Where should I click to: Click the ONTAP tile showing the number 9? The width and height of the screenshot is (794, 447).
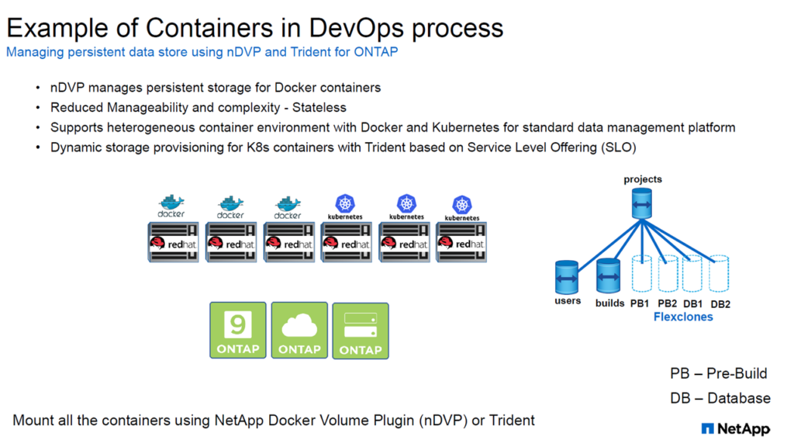[x=238, y=331]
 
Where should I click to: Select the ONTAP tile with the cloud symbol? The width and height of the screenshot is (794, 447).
[x=299, y=331]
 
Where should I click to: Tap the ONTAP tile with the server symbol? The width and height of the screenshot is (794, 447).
[x=361, y=331]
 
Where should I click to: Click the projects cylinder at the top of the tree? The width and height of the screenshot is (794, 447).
[x=642, y=203]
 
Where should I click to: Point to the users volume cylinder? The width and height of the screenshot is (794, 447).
[x=567, y=277]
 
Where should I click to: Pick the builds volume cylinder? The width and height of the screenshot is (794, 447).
[x=608, y=275]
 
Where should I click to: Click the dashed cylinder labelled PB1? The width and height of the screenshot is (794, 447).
[x=641, y=274]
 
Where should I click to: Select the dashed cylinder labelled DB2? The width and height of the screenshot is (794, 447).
[x=719, y=274]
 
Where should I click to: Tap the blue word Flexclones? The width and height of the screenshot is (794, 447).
[x=683, y=317]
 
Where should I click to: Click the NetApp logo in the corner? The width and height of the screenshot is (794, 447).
[x=736, y=428]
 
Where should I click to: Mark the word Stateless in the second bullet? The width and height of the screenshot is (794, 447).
[x=319, y=107]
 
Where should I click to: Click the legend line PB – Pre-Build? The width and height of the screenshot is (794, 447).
[x=719, y=373]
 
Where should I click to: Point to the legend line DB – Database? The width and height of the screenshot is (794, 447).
[x=720, y=398]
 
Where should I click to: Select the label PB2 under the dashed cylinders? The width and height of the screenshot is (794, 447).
[x=667, y=303]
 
